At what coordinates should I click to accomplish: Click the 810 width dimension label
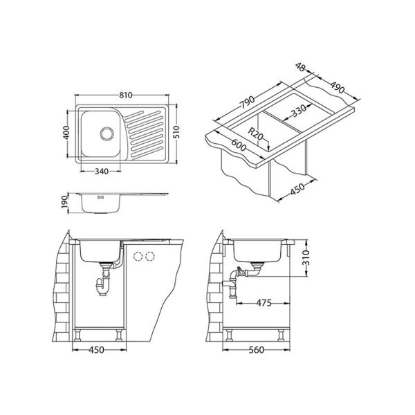tap(125, 95)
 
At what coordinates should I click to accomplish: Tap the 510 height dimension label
tap(177, 132)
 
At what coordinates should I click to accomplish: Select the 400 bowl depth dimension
tap(66, 133)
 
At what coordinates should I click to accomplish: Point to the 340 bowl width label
tap(102, 172)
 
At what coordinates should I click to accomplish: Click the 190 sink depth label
tap(65, 202)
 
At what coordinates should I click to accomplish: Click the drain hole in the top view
tap(107, 133)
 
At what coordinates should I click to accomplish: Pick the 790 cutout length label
tap(247, 102)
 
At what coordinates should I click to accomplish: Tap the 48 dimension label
tap(300, 67)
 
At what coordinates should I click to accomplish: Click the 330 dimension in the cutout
tap(299, 111)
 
